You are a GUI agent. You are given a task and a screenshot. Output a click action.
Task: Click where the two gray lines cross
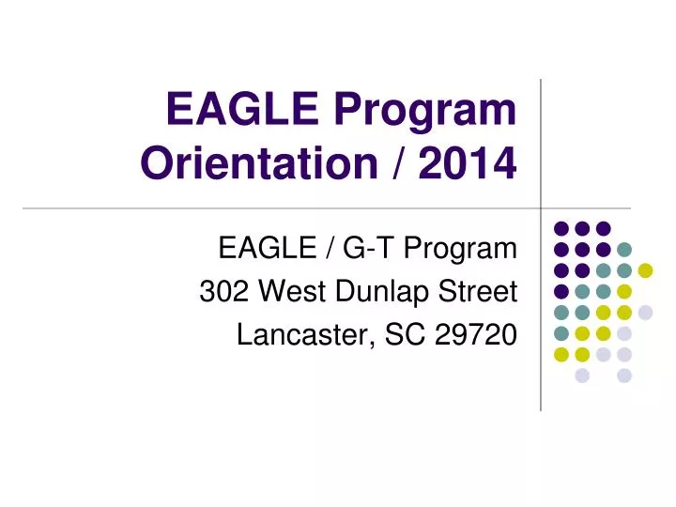pyautogui.click(x=542, y=207)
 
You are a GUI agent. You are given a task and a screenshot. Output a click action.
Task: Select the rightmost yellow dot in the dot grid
pyautogui.click(x=645, y=270)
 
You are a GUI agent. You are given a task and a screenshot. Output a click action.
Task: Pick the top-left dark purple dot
pyautogui.click(x=561, y=227)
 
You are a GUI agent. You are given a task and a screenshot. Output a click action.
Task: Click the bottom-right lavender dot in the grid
pyautogui.click(x=624, y=376)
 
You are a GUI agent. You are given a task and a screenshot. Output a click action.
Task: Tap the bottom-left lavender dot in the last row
pyautogui.click(x=582, y=376)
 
